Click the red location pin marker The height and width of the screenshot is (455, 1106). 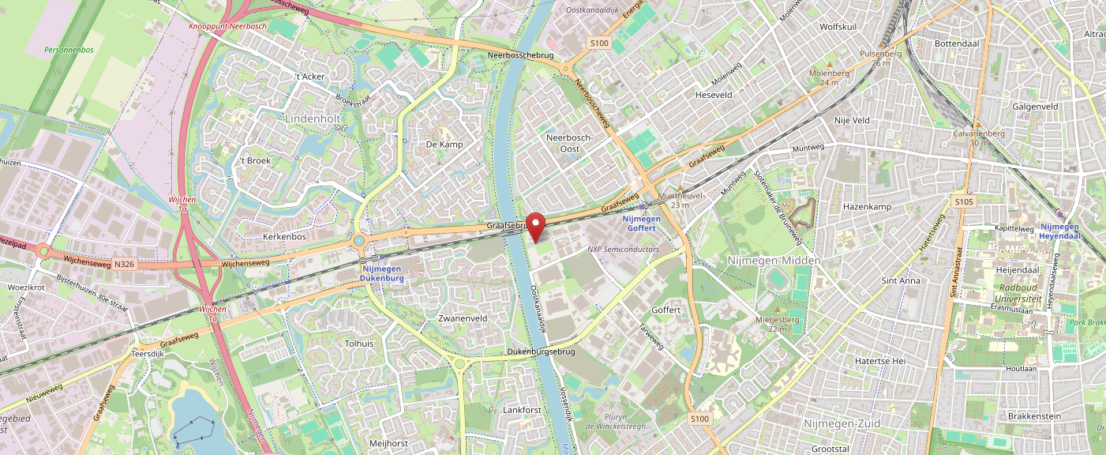tap(536, 226)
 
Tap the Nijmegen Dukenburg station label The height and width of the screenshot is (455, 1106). tap(383, 273)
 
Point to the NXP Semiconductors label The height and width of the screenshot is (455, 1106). tap(623, 249)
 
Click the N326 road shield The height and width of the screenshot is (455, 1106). tap(124, 264)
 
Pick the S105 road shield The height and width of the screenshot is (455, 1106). tap(963, 201)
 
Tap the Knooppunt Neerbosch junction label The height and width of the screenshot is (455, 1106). tap(227, 26)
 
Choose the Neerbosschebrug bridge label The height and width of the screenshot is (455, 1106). tap(520, 55)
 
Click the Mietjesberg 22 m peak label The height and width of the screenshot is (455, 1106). tap(778, 324)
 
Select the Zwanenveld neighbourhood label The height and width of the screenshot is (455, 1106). tap(463, 318)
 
